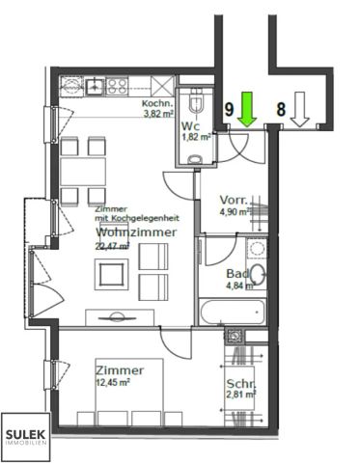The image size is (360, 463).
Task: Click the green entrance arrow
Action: click(x=246, y=110)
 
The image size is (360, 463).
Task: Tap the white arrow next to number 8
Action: click(x=299, y=110)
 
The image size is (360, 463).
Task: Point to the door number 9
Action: click(x=230, y=110)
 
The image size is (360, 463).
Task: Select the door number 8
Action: click(x=281, y=110)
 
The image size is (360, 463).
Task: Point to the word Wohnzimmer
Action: click(x=135, y=232)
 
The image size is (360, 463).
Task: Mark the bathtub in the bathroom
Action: click(x=231, y=312)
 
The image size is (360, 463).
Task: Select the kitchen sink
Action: click(x=97, y=86)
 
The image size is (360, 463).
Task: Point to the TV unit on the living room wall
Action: click(x=121, y=316)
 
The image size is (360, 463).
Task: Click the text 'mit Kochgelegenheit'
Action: click(x=132, y=218)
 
